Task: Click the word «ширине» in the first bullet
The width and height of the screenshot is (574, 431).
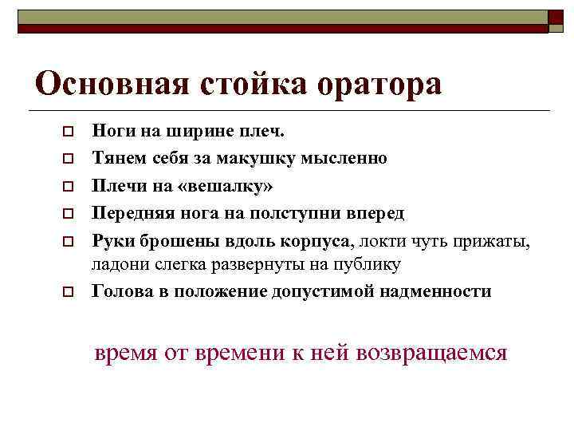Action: click(x=194, y=131)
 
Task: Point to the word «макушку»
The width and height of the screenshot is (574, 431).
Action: click(x=260, y=159)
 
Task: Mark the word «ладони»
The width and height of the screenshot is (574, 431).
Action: click(x=119, y=265)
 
